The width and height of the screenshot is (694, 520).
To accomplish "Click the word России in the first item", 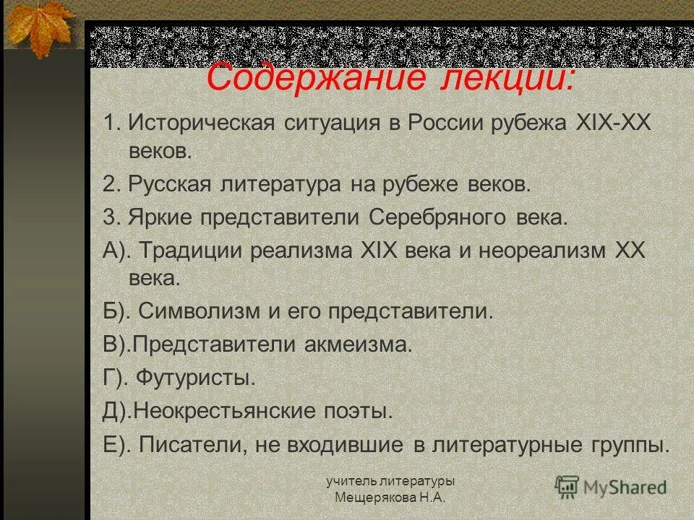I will point(447,123).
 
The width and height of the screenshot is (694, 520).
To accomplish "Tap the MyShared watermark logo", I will point(612,487).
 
